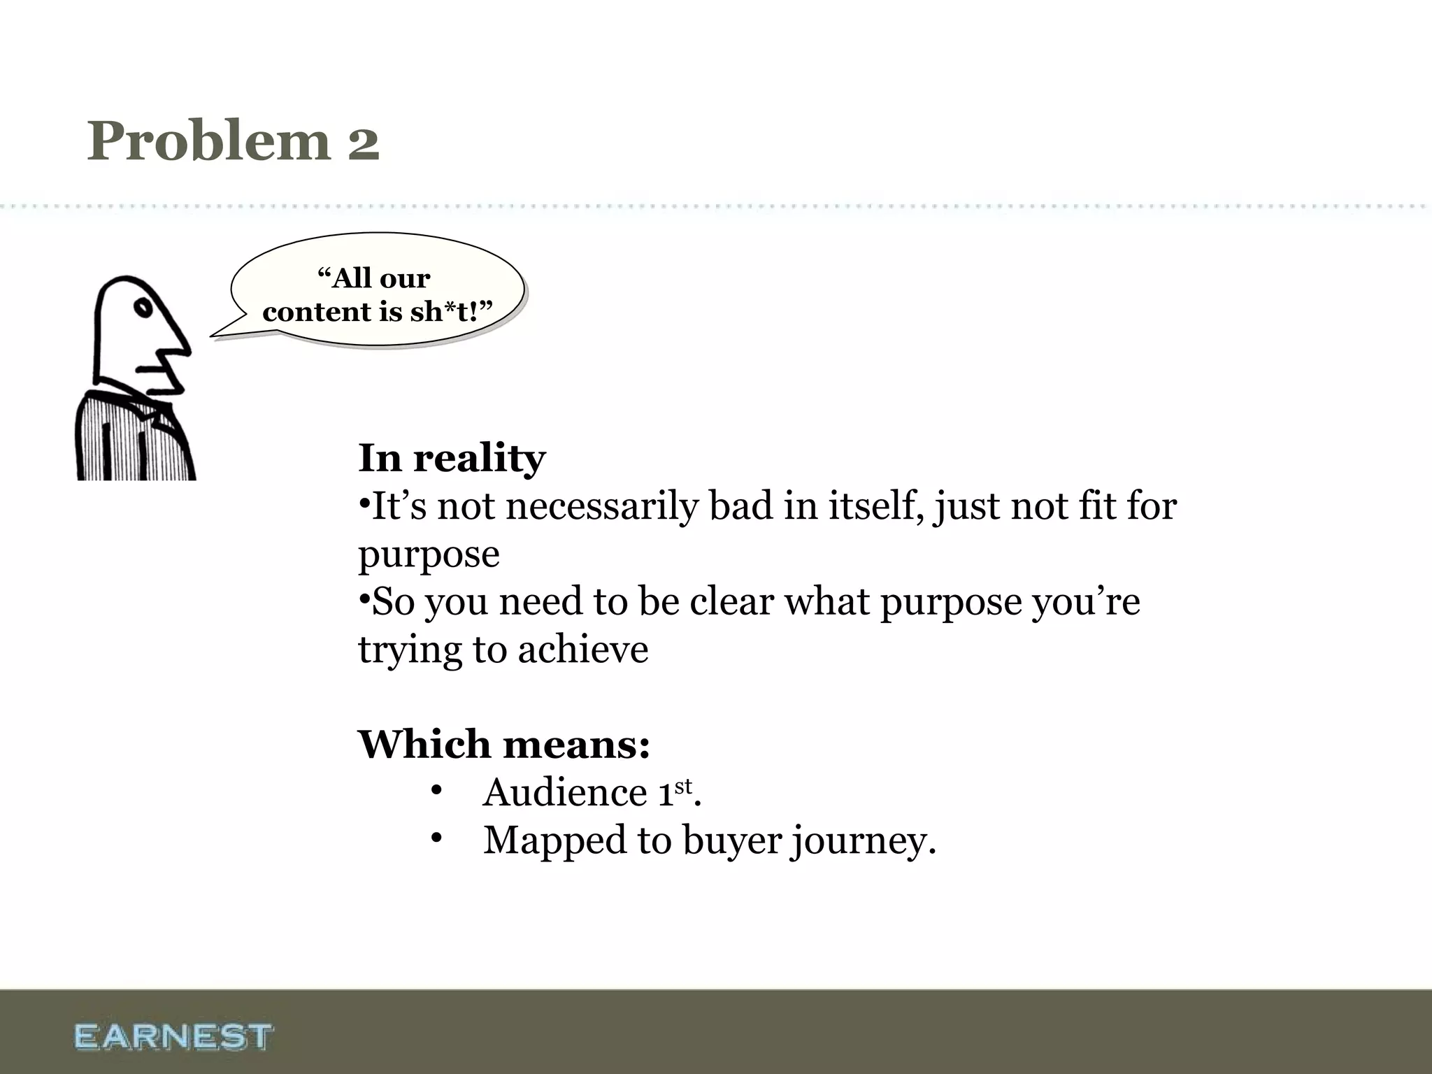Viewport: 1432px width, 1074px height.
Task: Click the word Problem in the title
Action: tap(208, 142)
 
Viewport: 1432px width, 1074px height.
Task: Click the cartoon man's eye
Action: tap(144, 308)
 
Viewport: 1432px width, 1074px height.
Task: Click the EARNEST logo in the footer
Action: tap(173, 1036)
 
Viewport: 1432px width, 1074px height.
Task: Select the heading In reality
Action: tap(452, 458)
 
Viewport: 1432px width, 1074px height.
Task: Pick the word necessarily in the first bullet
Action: tap(602, 506)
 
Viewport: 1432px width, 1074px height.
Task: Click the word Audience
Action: tap(565, 792)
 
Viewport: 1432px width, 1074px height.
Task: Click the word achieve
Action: tap(583, 649)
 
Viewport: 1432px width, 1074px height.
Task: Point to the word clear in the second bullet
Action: tap(731, 601)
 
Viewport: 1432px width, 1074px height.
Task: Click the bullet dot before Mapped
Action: tap(437, 838)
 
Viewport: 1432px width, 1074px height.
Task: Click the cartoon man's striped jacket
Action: tap(133, 441)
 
